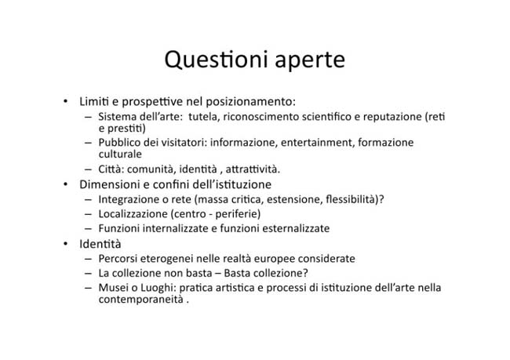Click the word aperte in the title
pos(310,61)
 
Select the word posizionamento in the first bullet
pos(250,102)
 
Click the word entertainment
pos(316,143)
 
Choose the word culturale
pos(120,154)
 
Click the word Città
pos(111,169)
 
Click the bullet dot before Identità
pos(66,243)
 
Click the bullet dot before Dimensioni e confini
pos(66,184)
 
